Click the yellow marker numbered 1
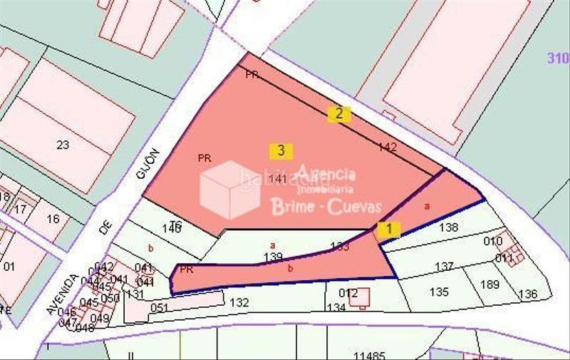coord(389,230)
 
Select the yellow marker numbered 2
coord(339,113)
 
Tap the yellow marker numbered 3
coord(281,150)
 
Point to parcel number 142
coord(388,148)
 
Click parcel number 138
coord(448,227)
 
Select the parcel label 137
coord(444,267)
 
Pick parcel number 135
coord(439,292)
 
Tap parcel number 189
coord(489,284)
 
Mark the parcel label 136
coord(528,294)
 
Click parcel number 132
coord(239,302)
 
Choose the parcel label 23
coord(63,145)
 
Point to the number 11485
coord(369,354)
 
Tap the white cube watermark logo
coord(229,189)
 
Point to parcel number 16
coord(53,218)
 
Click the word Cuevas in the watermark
coord(353,207)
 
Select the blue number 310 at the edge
coord(558,58)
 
